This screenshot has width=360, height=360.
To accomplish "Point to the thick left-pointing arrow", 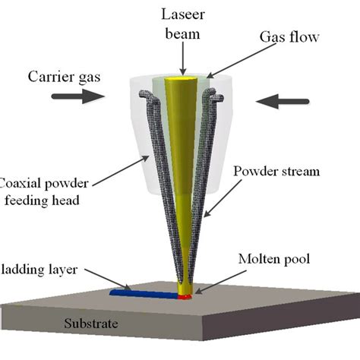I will (283, 99).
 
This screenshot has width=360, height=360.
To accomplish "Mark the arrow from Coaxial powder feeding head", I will (122, 172).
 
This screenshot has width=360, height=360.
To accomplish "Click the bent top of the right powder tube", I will (216, 97).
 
